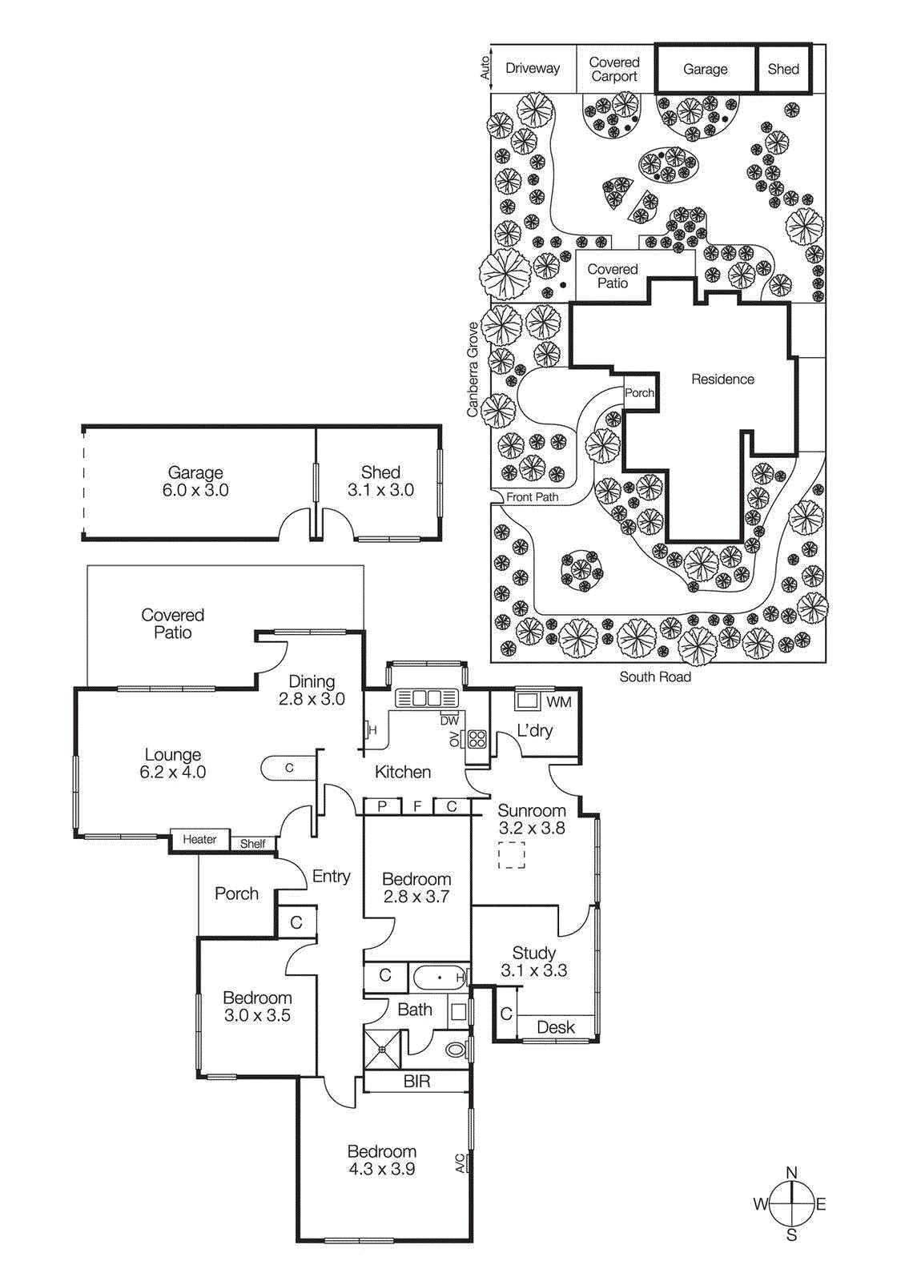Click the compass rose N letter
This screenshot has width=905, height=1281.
(x=791, y=1172)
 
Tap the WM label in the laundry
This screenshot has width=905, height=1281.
(x=558, y=702)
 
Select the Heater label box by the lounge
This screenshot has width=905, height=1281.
(x=199, y=839)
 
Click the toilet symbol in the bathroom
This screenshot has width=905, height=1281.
(x=456, y=1048)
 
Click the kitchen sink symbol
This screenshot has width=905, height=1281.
(x=427, y=698)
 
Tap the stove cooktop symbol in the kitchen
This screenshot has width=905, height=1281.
(x=477, y=739)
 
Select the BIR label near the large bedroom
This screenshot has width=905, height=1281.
(x=416, y=1082)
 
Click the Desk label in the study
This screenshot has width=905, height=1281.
(x=556, y=1027)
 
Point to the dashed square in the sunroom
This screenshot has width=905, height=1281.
(x=512, y=855)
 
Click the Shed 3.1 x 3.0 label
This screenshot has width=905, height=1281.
(x=380, y=481)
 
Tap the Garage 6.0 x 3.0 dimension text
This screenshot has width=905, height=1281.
(x=195, y=490)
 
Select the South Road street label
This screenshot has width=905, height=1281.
(x=654, y=677)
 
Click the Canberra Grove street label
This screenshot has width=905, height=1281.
(x=473, y=369)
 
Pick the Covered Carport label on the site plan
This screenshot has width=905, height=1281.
(x=614, y=70)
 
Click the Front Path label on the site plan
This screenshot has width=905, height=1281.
(x=532, y=497)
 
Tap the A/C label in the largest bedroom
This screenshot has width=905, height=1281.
(x=460, y=1163)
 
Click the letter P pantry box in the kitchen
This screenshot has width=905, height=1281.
(x=383, y=806)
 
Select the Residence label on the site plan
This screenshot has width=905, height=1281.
(x=722, y=379)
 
